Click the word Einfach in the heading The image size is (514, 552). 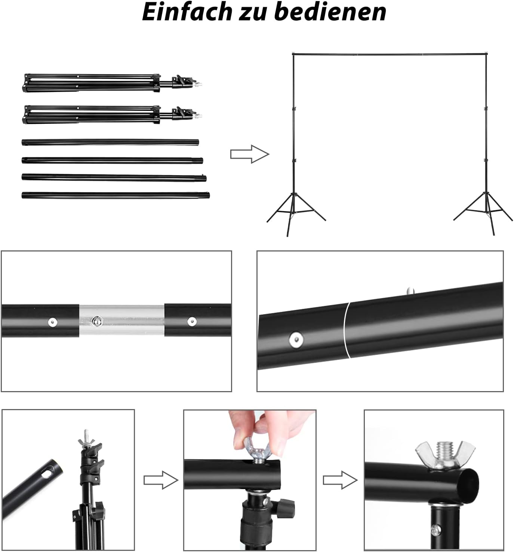187,12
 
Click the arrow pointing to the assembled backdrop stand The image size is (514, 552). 250,154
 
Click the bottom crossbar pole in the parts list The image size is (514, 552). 116,195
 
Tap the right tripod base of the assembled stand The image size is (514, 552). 483,213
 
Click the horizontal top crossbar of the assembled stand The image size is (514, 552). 389,54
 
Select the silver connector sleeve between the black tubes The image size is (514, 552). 121,320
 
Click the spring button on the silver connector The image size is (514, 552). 96,321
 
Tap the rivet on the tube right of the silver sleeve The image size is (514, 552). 192,321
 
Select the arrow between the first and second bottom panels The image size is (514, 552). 160,480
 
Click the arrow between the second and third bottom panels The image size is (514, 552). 340,480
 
